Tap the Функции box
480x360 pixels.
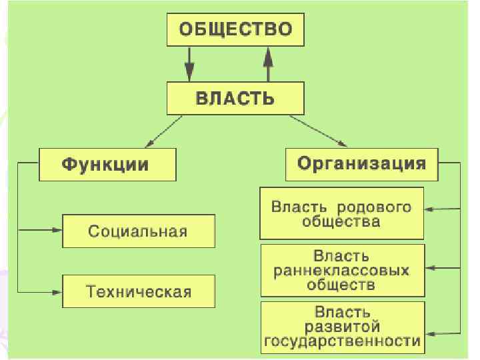(x=106, y=164)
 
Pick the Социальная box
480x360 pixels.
(x=138, y=231)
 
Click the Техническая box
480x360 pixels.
(x=138, y=291)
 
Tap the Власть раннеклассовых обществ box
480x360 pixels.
(x=341, y=270)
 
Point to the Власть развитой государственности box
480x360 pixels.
(x=342, y=327)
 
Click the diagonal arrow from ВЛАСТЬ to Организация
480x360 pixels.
(x=319, y=131)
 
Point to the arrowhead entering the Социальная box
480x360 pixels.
(x=58, y=230)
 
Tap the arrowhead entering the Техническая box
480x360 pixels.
(x=58, y=291)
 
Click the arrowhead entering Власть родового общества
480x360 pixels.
(x=429, y=209)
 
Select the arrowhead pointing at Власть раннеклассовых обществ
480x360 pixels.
(x=429, y=268)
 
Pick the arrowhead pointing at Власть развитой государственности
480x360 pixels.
(x=429, y=333)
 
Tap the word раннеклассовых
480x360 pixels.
(x=341, y=271)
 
